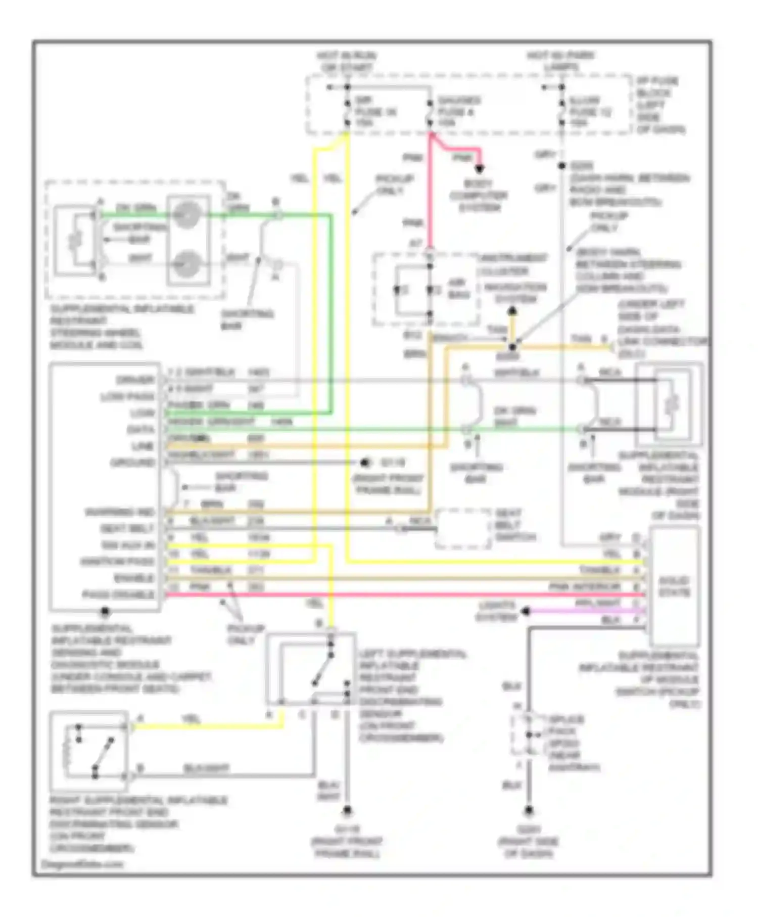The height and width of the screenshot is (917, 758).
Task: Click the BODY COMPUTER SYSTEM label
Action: (478, 195)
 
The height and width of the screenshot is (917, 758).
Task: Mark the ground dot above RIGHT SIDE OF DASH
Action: (529, 810)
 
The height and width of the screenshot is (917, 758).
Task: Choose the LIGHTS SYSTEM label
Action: (497, 611)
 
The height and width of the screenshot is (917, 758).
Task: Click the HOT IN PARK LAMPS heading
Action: (561, 61)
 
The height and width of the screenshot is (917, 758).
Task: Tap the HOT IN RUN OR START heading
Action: (347, 61)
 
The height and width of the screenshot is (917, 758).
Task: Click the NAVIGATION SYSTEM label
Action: (515, 293)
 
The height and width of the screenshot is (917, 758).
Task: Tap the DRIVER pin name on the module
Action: (135, 380)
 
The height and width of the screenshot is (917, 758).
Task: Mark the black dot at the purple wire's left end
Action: (526, 612)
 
